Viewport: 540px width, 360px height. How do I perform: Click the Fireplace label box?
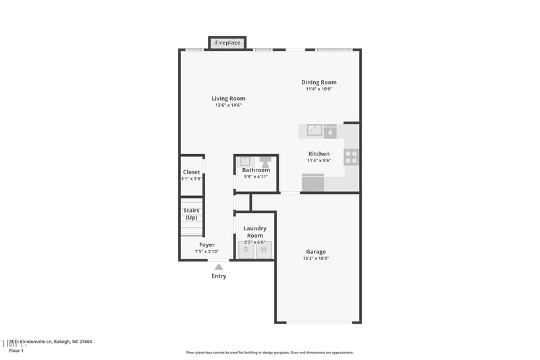tap(227, 43)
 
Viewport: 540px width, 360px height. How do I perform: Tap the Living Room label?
tap(228, 99)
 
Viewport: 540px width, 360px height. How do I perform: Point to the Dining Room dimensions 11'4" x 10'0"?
tap(319, 89)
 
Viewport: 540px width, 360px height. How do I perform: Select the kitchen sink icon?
tap(315, 130)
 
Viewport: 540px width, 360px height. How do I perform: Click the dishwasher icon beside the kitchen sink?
tap(330, 130)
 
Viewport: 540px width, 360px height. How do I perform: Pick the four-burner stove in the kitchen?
tap(352, 157)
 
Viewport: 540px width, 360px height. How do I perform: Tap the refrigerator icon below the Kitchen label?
tap(313, 183)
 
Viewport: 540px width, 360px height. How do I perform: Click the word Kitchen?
tap(319, 154)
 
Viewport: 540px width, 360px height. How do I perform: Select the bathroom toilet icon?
tap(266, 161)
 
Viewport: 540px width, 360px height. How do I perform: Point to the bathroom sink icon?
tap(246, 161)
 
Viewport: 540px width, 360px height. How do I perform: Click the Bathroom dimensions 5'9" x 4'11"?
tap(256, 177)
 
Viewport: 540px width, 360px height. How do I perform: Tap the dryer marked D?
tap(246, 250)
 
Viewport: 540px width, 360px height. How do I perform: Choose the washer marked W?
tap(264, 250)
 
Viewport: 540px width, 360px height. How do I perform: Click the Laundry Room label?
tap(255, 232)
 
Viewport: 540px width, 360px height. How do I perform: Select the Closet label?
tap(191, 172)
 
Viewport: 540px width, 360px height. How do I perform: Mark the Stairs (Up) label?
tap(191, 213)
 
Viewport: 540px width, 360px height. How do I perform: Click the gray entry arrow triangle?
tap(219, 267)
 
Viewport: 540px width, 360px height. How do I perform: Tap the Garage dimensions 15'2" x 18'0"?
tap(315, 259)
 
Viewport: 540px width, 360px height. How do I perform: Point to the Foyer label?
tap(207, 245)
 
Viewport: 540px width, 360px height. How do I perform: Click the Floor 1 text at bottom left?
tap(16, 351)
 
